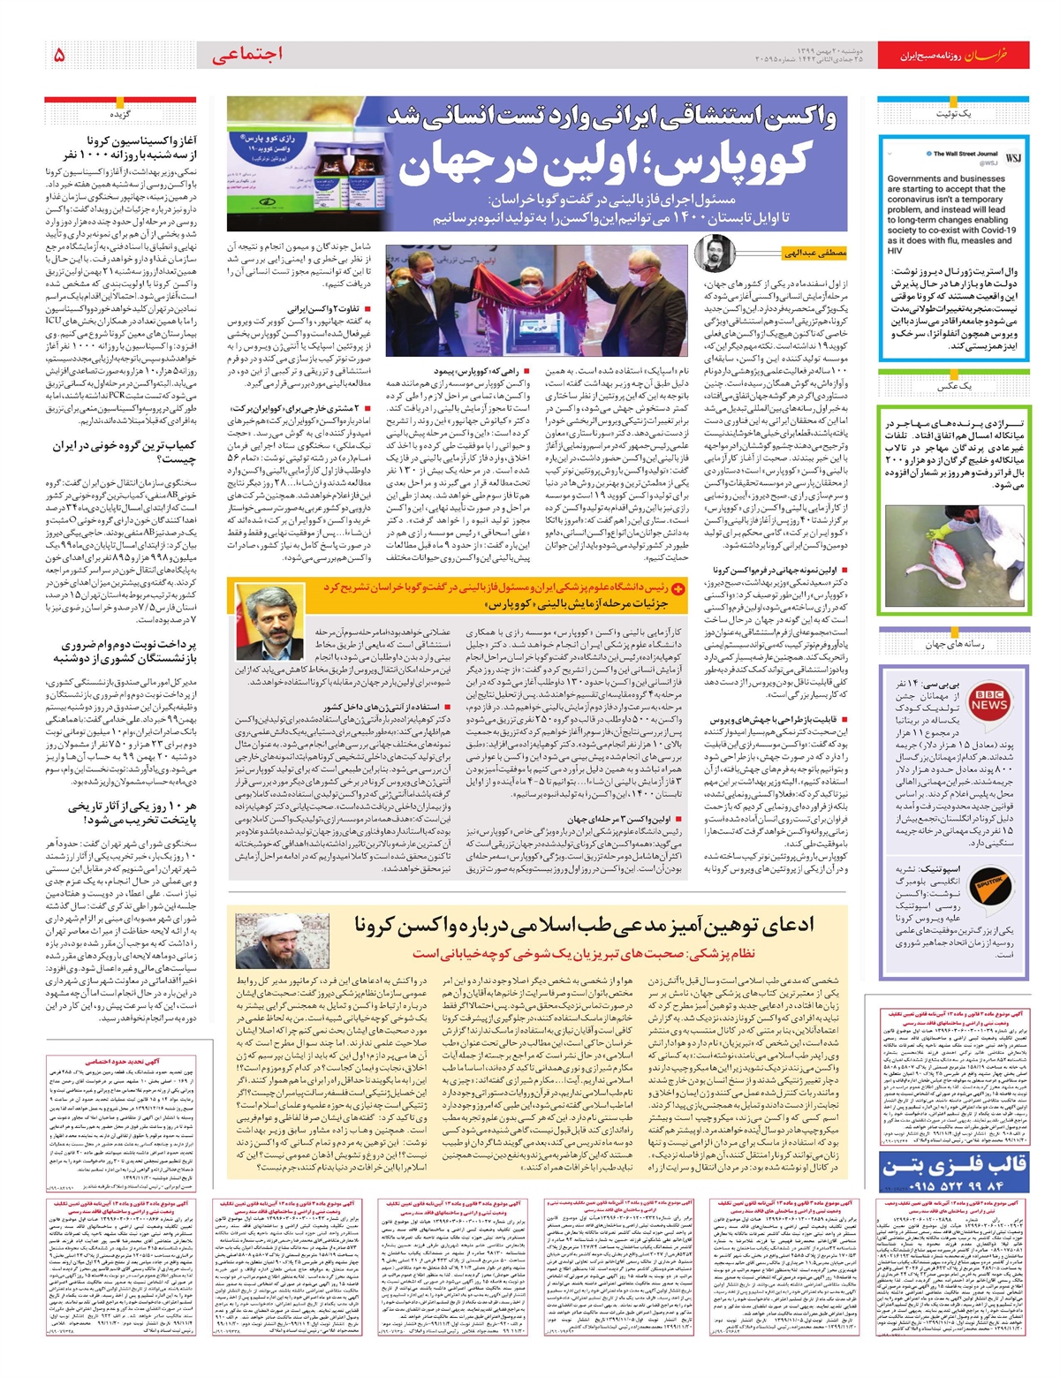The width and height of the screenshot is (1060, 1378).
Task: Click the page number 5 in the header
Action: pyautogui.click(x=59, y=55)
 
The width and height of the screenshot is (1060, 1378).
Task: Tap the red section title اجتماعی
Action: pyautogui.click(x=247, y=54)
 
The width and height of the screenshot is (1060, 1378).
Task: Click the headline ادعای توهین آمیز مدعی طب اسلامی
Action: pyautogui.click(x=584, y=925)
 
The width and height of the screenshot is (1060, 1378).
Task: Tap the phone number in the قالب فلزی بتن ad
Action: pyautogui.click(x=953, y=1185)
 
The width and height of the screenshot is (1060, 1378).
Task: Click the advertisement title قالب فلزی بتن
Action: pyautogui.click(x=953, y=1164)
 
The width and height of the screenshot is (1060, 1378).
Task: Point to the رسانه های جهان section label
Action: pyautogui.click(x=954, y=644)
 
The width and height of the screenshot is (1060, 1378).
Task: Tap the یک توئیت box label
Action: pyautogui.click(x=953, y=115)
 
